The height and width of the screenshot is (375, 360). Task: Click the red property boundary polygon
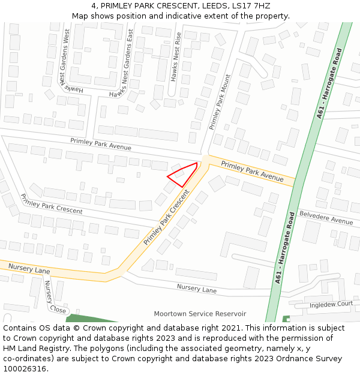[184, 175]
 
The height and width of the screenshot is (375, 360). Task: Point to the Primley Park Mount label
[219, 102]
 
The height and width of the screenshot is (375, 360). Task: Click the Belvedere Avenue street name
[326, 217]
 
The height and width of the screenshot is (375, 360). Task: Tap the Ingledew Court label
[331, 304]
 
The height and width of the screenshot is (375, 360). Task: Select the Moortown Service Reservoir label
[200, 314]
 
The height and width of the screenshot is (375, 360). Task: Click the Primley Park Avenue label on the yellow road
[252, 171]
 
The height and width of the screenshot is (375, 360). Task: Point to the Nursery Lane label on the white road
[196, 289]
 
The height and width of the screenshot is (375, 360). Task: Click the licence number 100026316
[25, 369]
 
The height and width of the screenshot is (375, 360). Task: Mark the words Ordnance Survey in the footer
[312, 359]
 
